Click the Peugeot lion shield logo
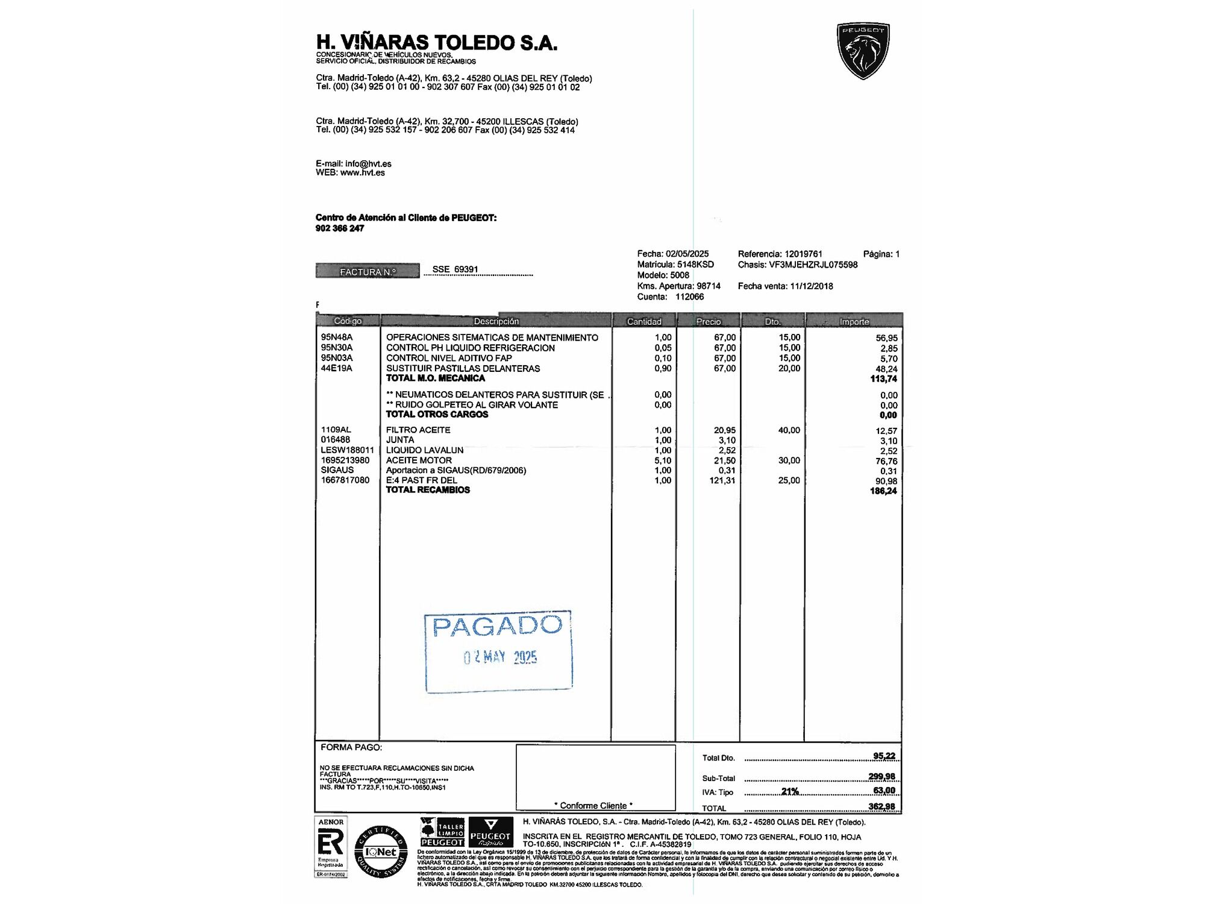pos(863,51)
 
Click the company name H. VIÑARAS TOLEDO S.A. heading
pos(436,43)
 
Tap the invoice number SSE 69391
pos(455,269)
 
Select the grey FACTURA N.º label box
pos(368,272)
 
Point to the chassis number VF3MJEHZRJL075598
pos(813,265)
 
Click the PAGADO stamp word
pos(498,627)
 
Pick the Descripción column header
pos(496,321)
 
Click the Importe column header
pos(854,322)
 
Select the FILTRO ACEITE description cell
pos(418,430)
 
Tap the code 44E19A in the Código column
pos(336,368)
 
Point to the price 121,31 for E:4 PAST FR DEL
pos(722,480)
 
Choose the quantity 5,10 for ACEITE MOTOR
pos(663,460)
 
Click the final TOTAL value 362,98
pos(881,806)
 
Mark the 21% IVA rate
pos(790,791)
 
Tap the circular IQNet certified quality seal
pos(381,852)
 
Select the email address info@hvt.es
pos(368,164)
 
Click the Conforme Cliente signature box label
pos(593,806)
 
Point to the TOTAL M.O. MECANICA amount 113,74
pos(883,379)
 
